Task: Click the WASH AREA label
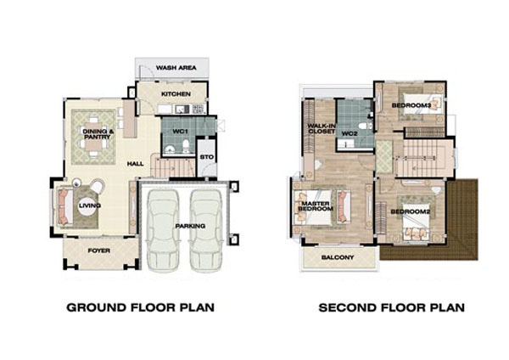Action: tap(176, 68)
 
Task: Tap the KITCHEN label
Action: tap(176, 94)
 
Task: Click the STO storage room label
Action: tap(207, 157)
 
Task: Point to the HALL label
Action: tap(136, 164)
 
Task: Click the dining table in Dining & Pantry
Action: tap(94, 137)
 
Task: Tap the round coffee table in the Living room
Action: tap(88, 206)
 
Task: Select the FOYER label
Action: tap(99, 250)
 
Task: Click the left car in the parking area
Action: tap(163, 229)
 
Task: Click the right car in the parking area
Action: tap(206, 229)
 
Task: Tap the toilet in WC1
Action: tap(186, 145)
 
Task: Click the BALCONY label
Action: tap(338, 257)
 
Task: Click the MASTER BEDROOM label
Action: tap(316, 206)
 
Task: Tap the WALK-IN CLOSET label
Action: tap(322, 129)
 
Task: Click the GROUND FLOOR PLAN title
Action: tap(140, 307)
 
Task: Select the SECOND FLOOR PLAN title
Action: tap(391, 307)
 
